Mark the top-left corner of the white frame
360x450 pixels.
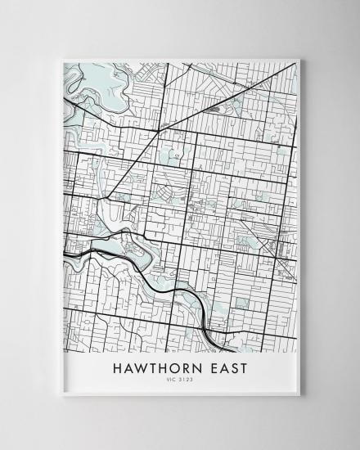pyautogui.click(x=61, y=59)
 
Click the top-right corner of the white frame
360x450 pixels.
pyautogui.click(x=300, y=59)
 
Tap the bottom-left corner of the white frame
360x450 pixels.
pyautogui.click(x=61, y=395)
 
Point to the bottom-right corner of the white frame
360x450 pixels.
pyautogui.click(x=300, y=395)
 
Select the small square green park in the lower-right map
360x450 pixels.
pyautogui.click(x=241, y=303)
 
